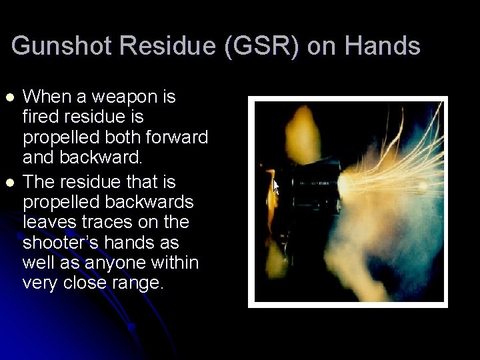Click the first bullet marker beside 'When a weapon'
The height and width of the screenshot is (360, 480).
coord(9,97)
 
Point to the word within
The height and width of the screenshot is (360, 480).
coord(175,262)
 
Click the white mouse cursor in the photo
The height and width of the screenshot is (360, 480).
coord(276,185)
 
